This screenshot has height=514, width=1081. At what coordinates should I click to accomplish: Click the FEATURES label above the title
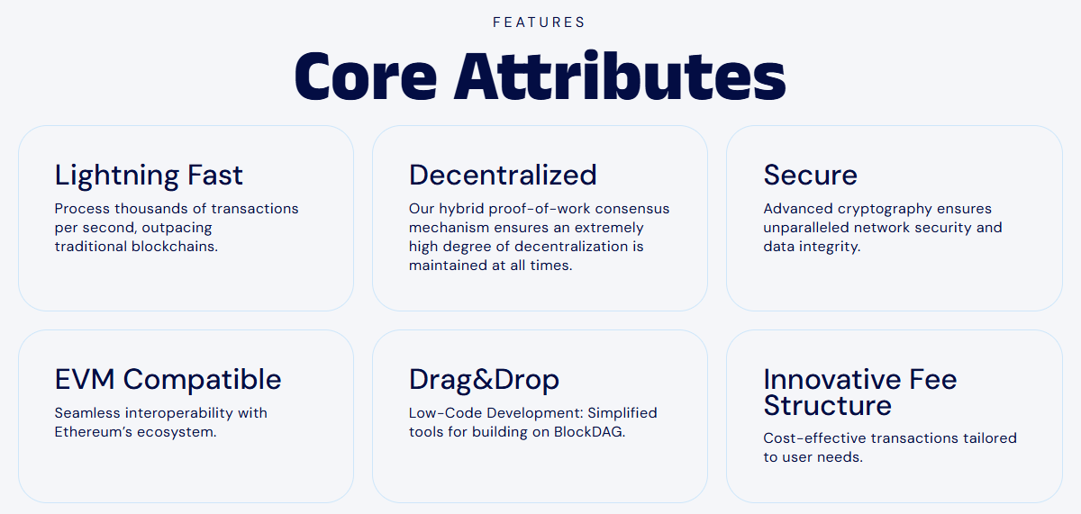click(x=539, y=23)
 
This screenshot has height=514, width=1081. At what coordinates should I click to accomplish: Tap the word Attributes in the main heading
click(x=620, y=77)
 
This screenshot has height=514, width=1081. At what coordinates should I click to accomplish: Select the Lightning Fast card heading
click(x=149, y=175)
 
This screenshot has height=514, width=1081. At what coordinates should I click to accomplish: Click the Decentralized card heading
click(x=503, y=175)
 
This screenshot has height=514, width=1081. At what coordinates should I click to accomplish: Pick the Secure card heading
click(x=810, y=175)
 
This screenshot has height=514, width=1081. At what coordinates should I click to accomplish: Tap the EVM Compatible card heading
click(x=168, y=379)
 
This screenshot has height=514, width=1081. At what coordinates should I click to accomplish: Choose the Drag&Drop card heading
click(x=484, y=379)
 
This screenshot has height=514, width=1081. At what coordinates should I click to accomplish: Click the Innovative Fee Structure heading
click(x=859, y=392)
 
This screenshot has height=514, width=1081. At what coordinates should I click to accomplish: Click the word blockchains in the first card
click(x=178, y=247)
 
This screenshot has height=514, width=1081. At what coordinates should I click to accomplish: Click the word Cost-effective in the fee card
click(x=810, y=438)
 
